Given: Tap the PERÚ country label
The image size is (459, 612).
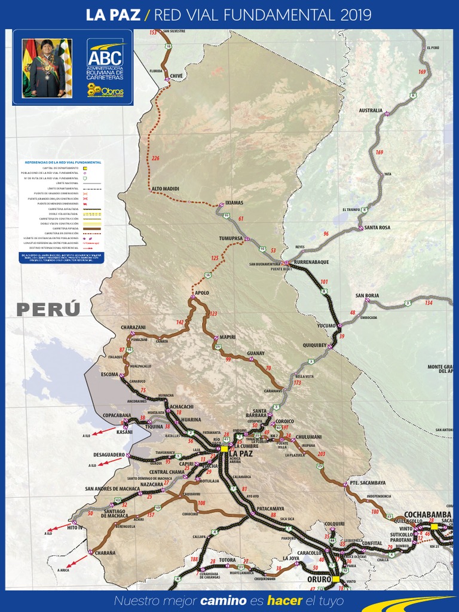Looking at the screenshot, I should pos(48,310).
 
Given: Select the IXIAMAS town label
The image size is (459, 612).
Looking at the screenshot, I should pos(234,203).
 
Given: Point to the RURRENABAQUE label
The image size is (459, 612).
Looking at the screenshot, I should pos(311,262).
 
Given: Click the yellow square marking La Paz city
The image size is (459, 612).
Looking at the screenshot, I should pos(224,448).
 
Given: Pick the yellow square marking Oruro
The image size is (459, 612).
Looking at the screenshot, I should pos(336,579).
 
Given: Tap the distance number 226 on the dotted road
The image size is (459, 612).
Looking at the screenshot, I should pos(156,158).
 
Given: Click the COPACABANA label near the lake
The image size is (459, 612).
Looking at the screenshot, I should pos(117,415).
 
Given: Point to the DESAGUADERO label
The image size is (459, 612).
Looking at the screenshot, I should pos(109,455).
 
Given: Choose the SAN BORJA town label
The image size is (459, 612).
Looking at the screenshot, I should pos(367,295).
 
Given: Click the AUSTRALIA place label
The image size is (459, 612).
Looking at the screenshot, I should pos(371,111).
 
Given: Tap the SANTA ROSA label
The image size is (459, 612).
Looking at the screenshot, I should pos(377,228).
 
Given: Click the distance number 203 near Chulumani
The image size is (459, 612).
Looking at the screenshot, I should pos(322,454).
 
